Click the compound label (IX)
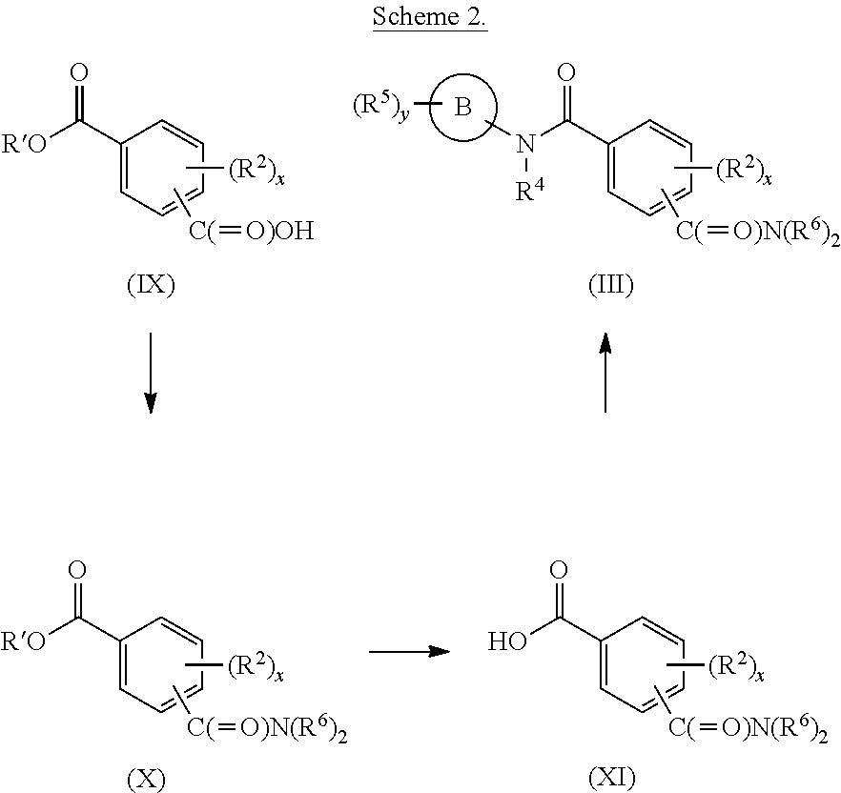pos(151,284)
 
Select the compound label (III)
pos(611,284)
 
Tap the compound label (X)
pos(146,779)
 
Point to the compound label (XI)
pos(611,778)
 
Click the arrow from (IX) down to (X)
pos(151,374)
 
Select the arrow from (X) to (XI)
pos(409,651)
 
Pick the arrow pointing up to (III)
pos(605,372)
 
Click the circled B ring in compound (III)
pos(462,108)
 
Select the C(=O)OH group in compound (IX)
pos(251,231)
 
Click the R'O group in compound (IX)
pos(24,144)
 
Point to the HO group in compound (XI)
pos(507,640)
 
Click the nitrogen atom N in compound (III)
pos(525,144)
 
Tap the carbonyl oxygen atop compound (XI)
pos(559,571)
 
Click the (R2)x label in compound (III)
pos(744,170)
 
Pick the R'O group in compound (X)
pos(24,641)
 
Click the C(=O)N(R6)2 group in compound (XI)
pos(749,728)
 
